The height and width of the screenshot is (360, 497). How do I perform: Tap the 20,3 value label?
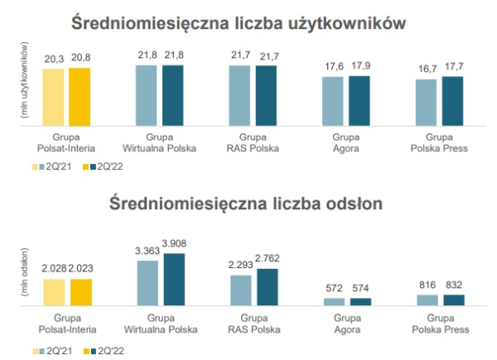[x=54, y=58]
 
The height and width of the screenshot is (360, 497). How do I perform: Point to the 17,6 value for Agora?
[x=333, y=67]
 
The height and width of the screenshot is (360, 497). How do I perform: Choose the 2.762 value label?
[x=268, y=260]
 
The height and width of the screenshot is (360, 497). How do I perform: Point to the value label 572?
[x=333, y=289]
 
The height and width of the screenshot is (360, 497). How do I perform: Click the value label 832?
[x=453, y=286]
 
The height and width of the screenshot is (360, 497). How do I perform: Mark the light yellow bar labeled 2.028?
[x=54, y=291]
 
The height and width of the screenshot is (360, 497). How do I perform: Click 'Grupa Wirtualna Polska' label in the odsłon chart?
[x=161, y=324]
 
